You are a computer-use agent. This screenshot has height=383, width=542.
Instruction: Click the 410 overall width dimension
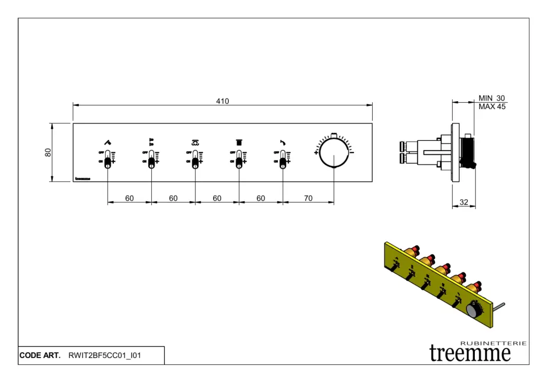(x=222, y=101)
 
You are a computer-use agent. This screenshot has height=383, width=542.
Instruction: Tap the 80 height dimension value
(x=48, y=153)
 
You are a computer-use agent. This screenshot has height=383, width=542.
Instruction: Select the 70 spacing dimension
(x=308, y=198)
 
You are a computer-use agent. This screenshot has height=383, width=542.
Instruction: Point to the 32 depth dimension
(x=464, y=202)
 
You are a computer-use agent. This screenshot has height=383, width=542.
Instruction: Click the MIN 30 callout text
(x=492, y=98)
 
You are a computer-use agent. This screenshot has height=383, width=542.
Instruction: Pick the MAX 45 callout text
(x=492, y=106)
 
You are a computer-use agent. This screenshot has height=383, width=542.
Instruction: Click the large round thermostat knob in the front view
(x=334, y=153)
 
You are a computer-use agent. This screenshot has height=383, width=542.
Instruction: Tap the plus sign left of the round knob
(x=316, y=153)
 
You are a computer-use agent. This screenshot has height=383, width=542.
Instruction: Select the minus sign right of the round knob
(x=353, y=153)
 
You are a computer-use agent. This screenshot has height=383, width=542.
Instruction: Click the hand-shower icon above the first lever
(x=107, y=142)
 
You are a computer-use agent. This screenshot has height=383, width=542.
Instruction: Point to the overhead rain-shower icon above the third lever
(x=195, y=142)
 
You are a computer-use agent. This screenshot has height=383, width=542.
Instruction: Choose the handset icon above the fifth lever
(x=283, y=142)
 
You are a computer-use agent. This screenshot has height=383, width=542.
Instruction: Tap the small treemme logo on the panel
(x=83, y=179)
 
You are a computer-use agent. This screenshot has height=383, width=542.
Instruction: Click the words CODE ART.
(x=40, y=355)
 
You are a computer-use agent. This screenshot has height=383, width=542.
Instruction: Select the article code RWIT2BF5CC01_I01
(x=105, y=355)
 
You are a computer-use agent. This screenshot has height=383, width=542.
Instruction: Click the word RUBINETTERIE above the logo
(x=493, y=343)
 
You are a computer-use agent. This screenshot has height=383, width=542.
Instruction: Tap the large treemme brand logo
(x=470, y=353)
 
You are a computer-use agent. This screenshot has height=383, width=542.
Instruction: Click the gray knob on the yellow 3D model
(x=474, y=309)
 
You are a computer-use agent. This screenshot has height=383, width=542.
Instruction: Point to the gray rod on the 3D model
(x=499, y=306)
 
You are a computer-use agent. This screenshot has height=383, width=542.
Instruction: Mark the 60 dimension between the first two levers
(x=129, y=198)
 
